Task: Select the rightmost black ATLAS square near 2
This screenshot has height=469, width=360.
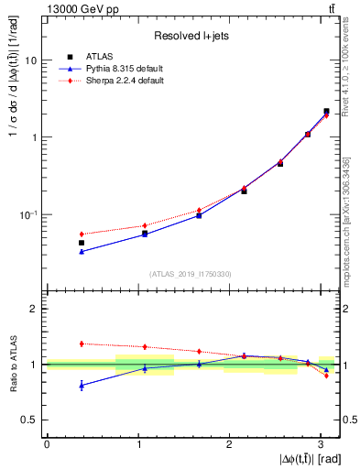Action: point(326,111)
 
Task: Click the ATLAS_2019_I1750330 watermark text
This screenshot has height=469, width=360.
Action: point(191,273)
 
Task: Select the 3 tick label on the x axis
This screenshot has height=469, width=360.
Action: point(320,443)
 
